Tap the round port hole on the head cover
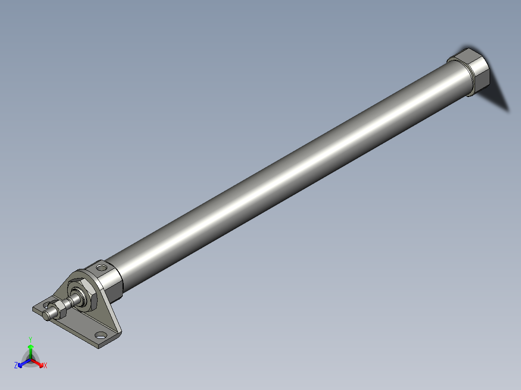click(x=102, y=267)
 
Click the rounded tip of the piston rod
click(x=46, y=315)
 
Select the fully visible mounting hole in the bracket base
click(x=101, y=334)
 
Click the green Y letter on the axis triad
click(x=30, y=339)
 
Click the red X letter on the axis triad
click(x=45, y=366)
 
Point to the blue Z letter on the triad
click(x=16, y=365)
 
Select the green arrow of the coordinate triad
click(x=30, y=349)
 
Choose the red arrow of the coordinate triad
click(x=38, y=362)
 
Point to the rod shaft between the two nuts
click(x=72, y=301)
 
